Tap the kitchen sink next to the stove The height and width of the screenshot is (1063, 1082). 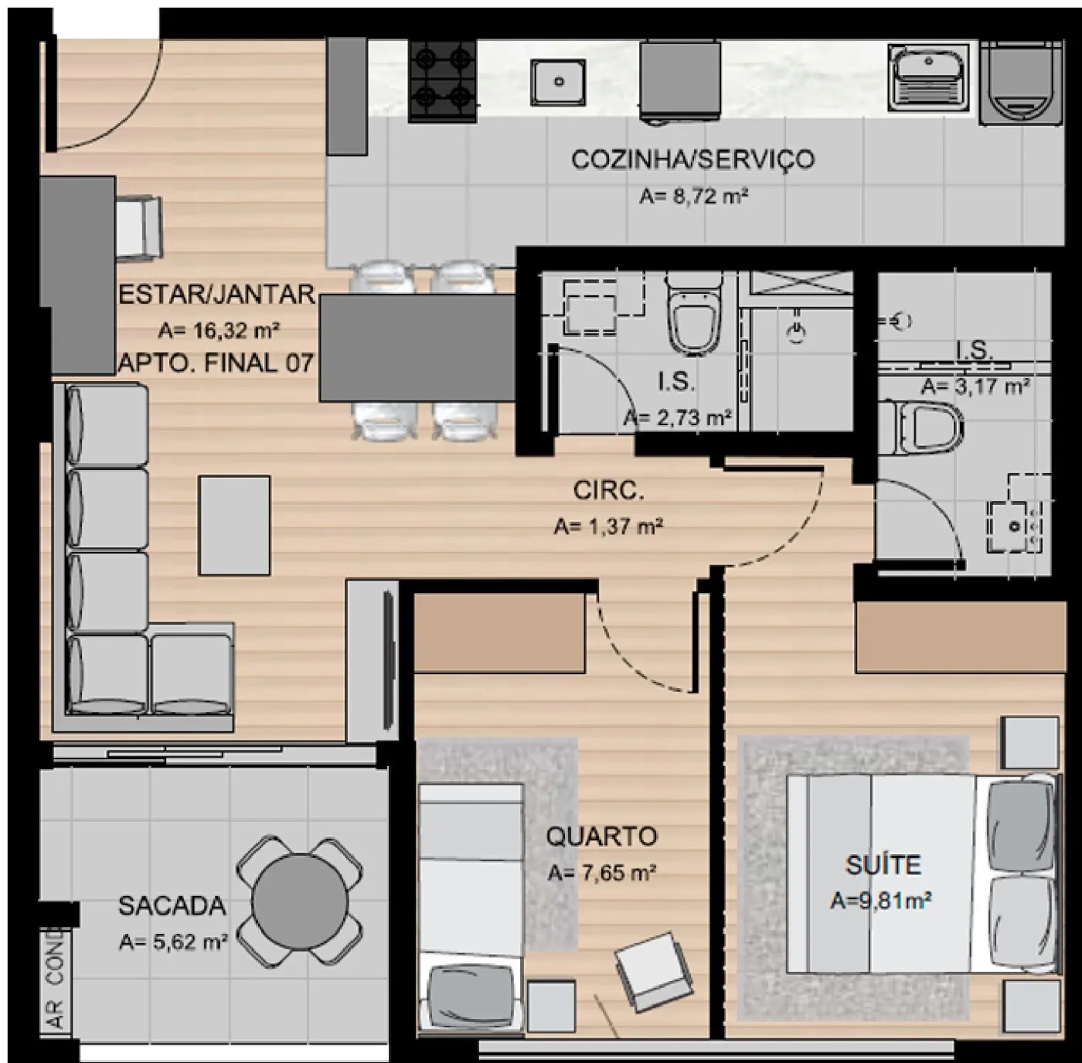point(559,82)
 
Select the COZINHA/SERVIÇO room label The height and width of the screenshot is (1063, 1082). point(693,159)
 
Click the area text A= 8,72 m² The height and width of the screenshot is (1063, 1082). point(693,196)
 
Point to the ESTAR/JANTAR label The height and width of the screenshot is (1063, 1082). point(216,295)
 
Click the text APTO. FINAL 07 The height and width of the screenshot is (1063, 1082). point(216,363)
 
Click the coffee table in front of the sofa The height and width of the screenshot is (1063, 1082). point(235,525)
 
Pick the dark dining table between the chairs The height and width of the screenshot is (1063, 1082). point(418,349)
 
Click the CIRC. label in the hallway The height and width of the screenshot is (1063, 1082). point(609,490)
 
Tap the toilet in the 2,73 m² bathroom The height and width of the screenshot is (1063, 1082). point(694,314)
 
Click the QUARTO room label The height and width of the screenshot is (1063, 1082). point(601,836)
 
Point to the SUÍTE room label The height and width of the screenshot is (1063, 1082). point(883,864)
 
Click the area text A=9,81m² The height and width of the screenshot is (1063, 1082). point(881,901)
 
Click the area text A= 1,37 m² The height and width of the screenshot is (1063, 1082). point(609,527)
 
